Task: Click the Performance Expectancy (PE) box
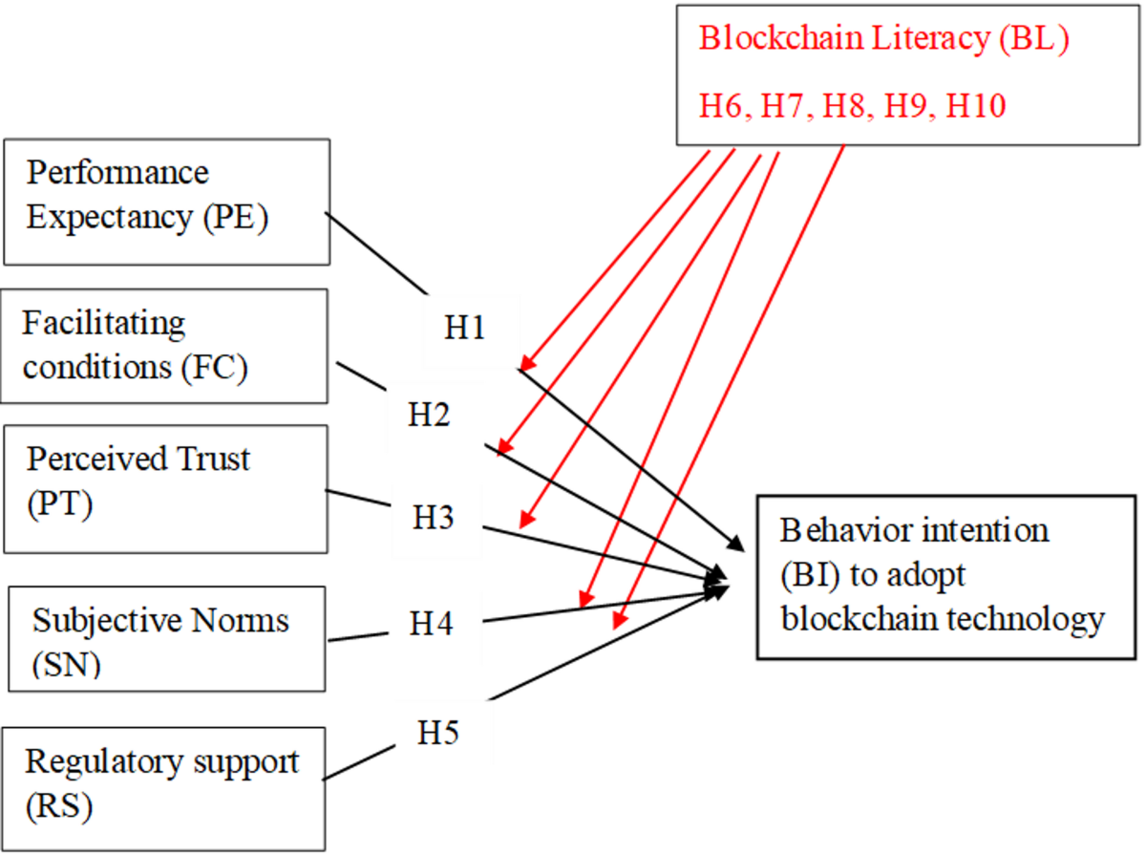point(166,202)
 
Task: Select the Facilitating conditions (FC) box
point(164,346)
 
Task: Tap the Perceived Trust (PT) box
point(164,488)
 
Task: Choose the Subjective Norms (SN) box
point(164,638)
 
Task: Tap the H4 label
point(432,625)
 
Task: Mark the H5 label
point(438,734)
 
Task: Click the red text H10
point(975,105)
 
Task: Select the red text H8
point(847,105)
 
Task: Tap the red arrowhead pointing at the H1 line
point(525,363)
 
